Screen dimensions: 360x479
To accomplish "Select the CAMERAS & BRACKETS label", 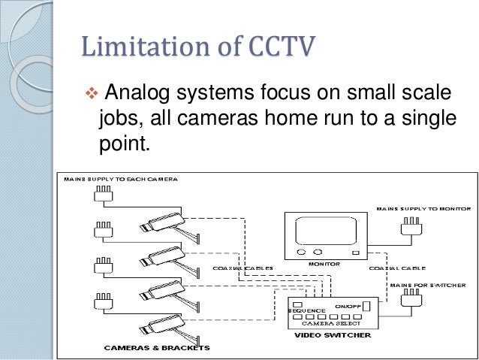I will [157, 347].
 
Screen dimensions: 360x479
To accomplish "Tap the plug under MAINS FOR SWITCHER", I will [410, 301].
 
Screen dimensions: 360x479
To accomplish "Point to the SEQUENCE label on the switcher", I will [307, 310].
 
